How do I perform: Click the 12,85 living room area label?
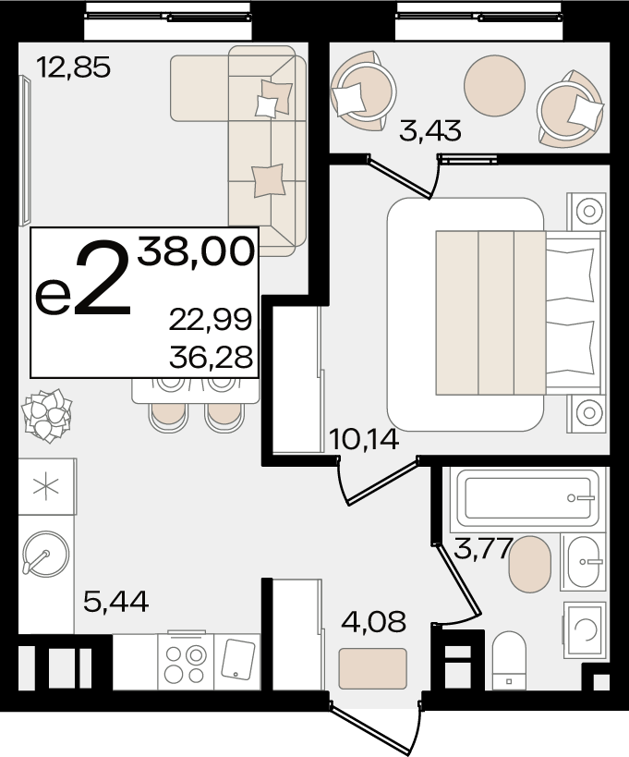74,67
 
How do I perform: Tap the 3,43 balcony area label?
430,131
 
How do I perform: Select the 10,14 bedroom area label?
364,439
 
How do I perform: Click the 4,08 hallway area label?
373,621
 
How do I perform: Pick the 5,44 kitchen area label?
115,601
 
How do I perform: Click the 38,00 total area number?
196,251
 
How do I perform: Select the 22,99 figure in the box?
211,320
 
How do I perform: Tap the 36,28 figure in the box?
211,358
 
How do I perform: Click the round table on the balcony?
494,85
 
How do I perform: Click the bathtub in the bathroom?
528,496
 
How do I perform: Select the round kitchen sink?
46,554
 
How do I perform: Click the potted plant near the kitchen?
47,415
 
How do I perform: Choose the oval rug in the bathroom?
529,564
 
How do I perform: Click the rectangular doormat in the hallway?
373,668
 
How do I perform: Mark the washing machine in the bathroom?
585,630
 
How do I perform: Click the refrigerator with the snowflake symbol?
47,486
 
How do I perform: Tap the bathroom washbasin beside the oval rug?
583,561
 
